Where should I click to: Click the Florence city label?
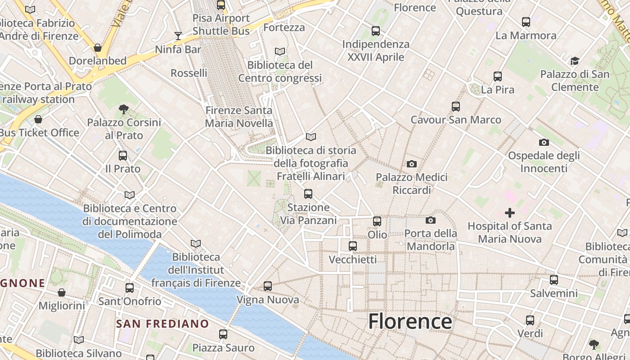410,321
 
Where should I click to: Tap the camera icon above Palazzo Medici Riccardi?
411,164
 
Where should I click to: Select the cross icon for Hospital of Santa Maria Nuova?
510,212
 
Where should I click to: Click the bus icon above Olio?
377,221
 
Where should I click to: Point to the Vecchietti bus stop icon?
353,246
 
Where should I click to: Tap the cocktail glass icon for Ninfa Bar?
178,36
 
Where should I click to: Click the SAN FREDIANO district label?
162,324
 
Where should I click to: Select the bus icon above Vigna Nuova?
268,286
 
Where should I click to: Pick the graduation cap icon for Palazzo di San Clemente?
575,61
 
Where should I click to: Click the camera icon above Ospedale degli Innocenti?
544,143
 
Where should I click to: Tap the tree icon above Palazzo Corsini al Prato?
124,109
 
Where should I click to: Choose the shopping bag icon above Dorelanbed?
98,48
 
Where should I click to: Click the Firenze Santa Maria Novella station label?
239,117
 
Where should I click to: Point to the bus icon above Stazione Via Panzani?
308,194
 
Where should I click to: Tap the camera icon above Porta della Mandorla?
431,220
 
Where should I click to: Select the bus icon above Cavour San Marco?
456,107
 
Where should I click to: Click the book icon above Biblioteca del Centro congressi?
280,52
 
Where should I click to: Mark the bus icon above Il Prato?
123,156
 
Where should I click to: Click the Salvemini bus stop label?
553,293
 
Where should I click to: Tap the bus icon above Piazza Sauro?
223,334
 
